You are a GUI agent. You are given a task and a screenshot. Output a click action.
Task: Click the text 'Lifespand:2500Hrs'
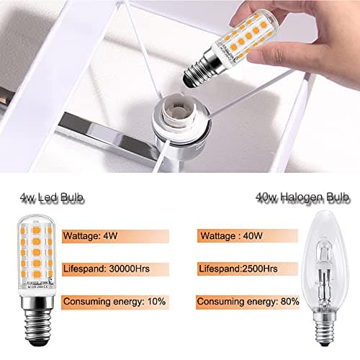pyautogui.click(x=238, y=268)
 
